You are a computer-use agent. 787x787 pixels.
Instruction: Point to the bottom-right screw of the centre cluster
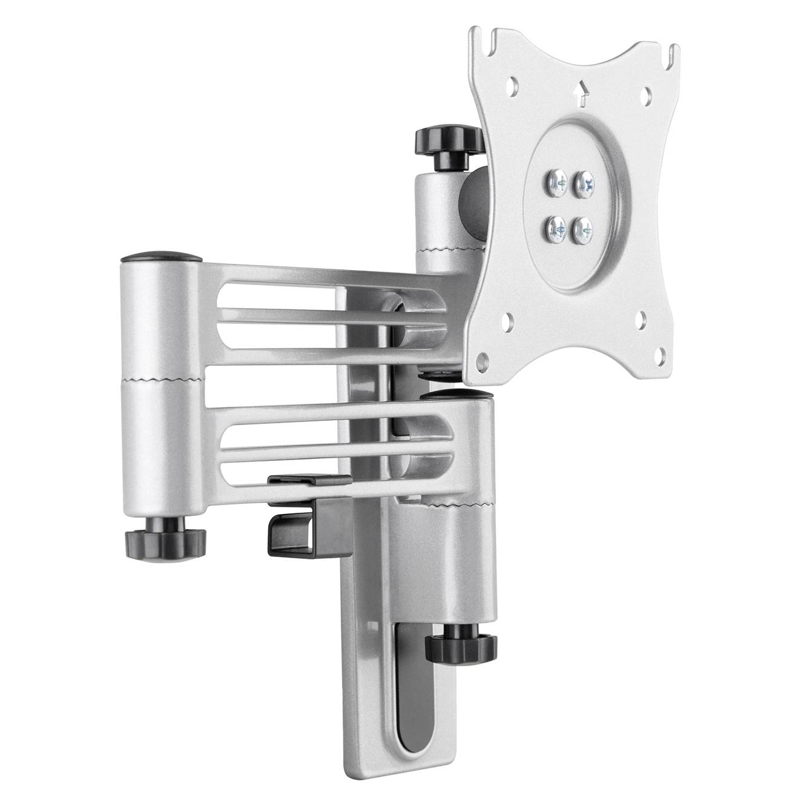583,228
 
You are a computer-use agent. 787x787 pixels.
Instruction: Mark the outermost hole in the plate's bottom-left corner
482,360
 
